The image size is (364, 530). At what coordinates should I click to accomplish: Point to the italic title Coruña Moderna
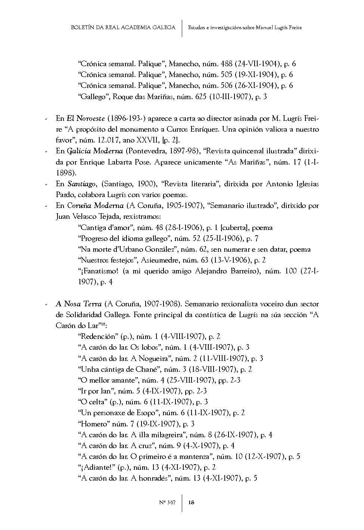(95, 206)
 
